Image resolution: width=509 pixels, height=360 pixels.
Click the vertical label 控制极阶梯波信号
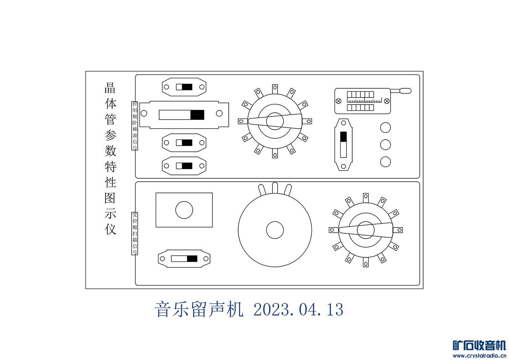pos(135,126)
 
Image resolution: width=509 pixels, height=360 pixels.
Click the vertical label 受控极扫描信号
pos(135,233)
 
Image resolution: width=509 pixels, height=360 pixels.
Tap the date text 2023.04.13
pos(298,309)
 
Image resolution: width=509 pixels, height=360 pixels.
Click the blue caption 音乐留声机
pos(199,309)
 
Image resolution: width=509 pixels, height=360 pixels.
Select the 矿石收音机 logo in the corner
pos(479,348)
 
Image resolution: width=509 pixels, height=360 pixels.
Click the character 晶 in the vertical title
pos(110,88)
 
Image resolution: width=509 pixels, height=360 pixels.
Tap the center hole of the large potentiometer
pos(275,230)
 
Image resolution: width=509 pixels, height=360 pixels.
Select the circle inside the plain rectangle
pos(184,210)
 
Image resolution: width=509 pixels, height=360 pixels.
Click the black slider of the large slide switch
pos(197,115)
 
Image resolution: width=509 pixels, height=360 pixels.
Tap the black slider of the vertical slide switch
pos(343,137)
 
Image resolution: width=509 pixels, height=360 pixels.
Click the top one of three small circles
pos(385,128)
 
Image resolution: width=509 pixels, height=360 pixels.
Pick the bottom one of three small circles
pos(385,162)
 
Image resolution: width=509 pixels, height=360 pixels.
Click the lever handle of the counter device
pos(405,91)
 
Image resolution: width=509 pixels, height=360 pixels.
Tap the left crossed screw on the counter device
pos(338,101)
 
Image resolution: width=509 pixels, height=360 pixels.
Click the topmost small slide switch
pos(184,87)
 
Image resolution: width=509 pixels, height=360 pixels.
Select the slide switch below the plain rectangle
pos(184,259)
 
